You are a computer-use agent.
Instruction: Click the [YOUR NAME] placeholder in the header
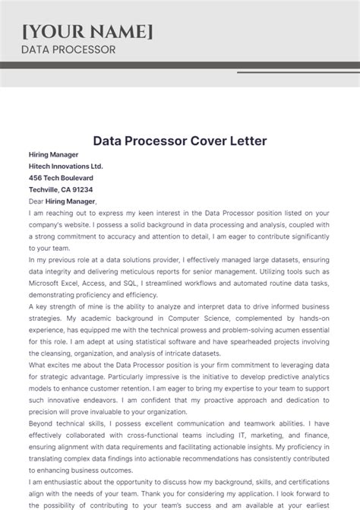[87, 31]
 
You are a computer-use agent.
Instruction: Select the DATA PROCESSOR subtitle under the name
[68, 49]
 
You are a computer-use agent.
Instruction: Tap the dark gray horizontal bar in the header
[180, 65]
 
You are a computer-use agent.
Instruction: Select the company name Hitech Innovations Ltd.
[65, 166]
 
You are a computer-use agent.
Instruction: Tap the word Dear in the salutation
[37, 201]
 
